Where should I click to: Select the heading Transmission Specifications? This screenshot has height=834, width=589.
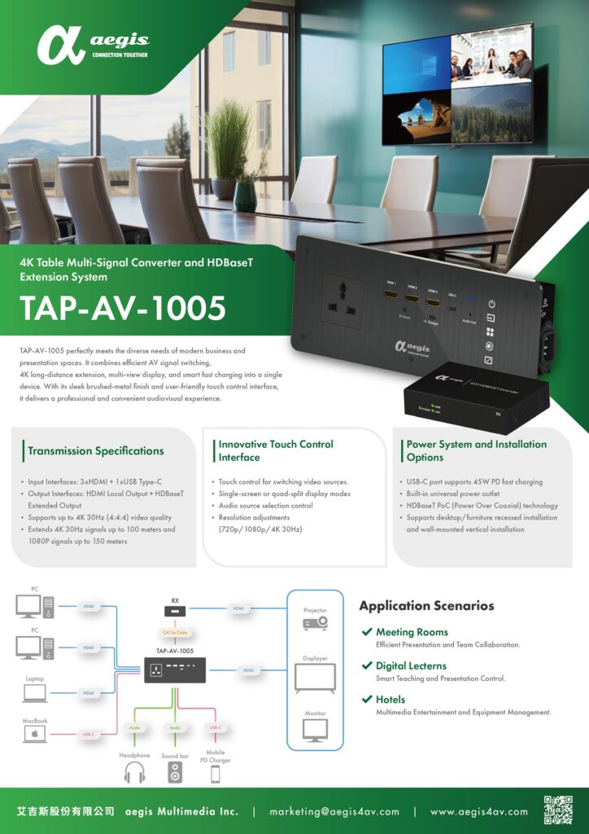pos(95,451)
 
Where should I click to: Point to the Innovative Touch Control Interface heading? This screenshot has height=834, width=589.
pos(276,450)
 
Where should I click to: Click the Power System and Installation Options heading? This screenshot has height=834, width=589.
pos(476,450)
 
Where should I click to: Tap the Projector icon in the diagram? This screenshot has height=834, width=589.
pos(315,623)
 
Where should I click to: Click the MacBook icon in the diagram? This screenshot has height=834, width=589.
pos(34,735)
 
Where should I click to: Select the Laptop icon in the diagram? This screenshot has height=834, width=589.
pos(34,693)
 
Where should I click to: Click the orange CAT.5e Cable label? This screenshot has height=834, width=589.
pos(175,631)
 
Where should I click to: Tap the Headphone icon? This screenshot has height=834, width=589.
pos(134,773)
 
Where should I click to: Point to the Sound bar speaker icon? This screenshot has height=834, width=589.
pos(175,773)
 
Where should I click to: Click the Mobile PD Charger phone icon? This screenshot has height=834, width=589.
pos(215,775)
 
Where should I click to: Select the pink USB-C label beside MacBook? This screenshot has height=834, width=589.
pos(89,735)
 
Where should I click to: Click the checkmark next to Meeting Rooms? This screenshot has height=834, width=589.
pos(368,632)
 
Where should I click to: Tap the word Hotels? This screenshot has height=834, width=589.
pos(390,700)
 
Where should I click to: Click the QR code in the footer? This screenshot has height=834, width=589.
pos(558,811)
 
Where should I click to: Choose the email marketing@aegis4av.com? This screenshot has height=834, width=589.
pos(334,812)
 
